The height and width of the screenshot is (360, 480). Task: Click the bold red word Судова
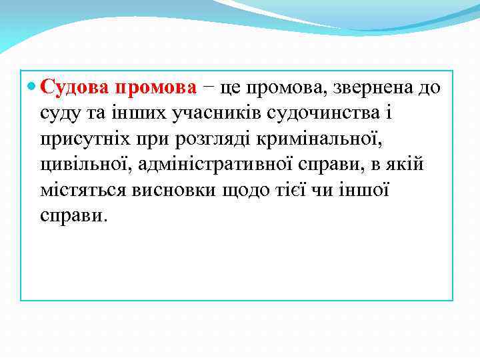(x=75, y=87)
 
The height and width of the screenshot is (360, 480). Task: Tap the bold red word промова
(x=156, y=87)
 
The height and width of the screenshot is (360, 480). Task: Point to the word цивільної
(x=81, y=164)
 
